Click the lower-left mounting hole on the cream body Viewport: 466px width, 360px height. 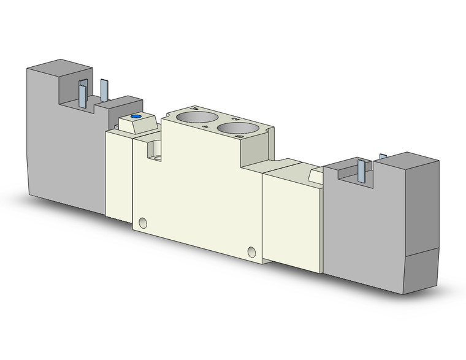click(x=143, y=221)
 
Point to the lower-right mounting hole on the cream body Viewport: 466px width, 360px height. click(x=251, y=251)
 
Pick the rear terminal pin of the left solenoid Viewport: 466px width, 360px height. click(x=104, y=91)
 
